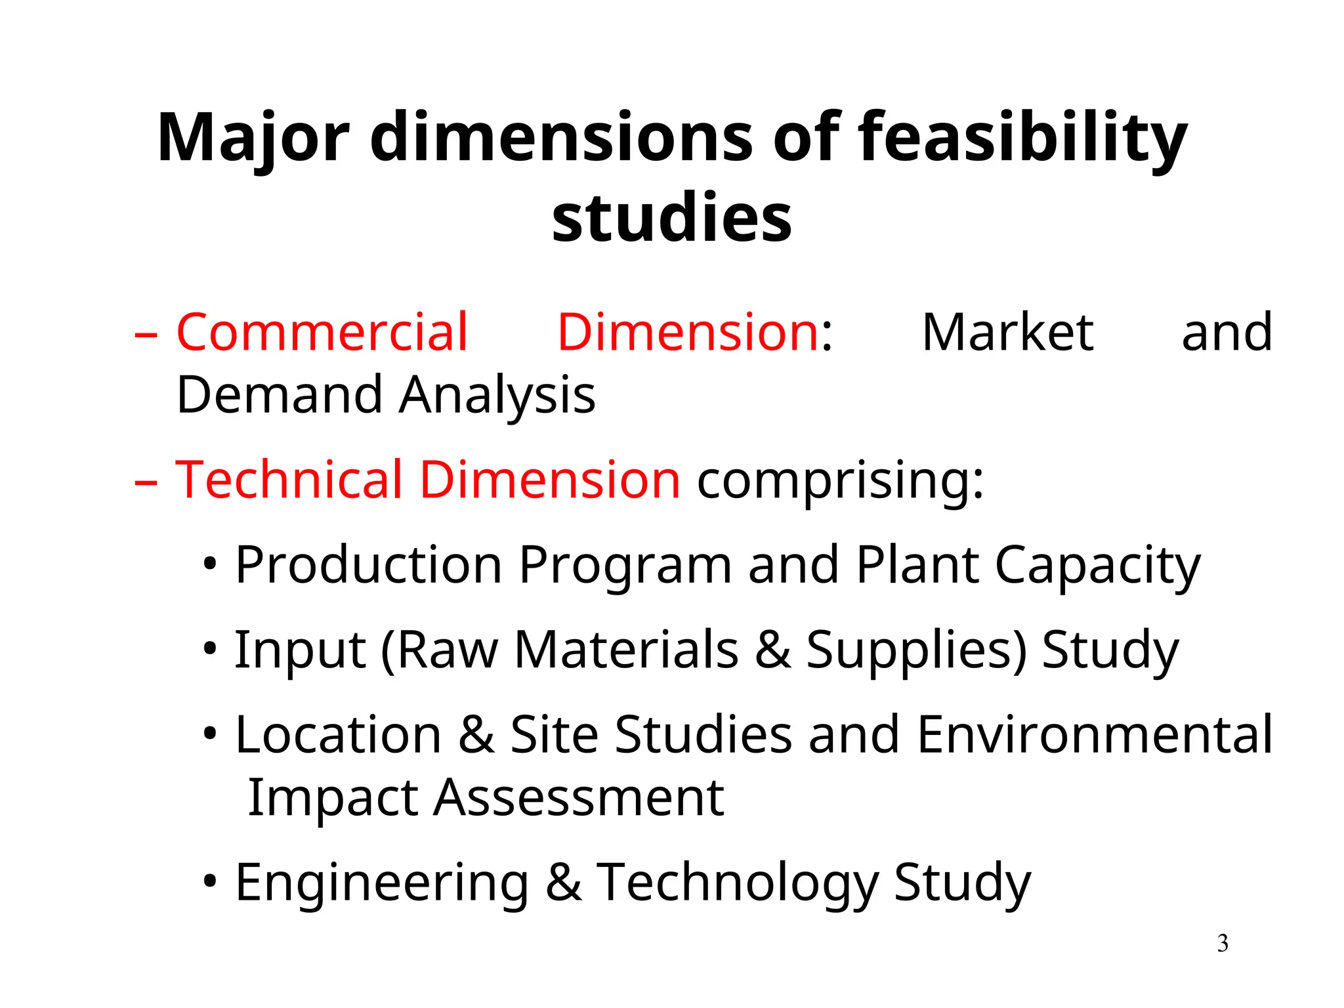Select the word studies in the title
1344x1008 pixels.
(x=672, y=217)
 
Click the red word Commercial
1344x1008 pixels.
(x=322, y=332)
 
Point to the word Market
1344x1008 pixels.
(x=1007, y=332)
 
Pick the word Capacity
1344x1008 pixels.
(x=1097, y=566)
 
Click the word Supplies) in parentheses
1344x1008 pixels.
(x=916, y=650)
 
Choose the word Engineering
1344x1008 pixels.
(x=382, y=883)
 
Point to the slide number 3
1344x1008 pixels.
(x=1223, y=944)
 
